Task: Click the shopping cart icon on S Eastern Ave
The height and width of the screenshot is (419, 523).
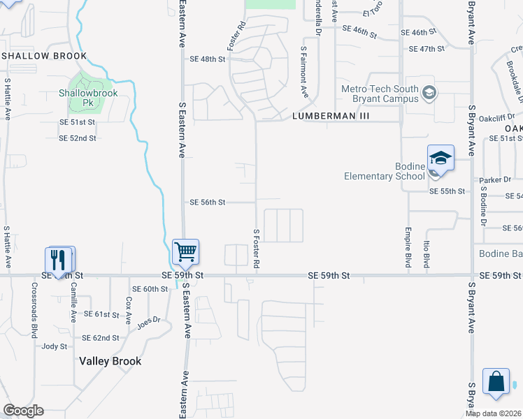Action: (x=185, y=251)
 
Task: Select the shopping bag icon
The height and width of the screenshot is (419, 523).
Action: (x=496, y=382)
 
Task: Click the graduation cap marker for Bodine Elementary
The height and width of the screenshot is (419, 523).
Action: (x=440, y=158)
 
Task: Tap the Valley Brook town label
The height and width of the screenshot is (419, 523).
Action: (x=110, y=361)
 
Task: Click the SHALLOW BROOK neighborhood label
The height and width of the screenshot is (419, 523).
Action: (x=45, y=56)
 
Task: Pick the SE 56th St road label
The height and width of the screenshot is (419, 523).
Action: (x=208, y=203)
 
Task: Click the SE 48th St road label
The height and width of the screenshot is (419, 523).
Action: (x=207, y=59)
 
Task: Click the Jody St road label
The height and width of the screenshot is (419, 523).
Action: (x=55, y=346)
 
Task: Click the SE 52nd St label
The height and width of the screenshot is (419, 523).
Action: (x=78, y=138)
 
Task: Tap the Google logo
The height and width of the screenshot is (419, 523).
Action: (x=23, y=411)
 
